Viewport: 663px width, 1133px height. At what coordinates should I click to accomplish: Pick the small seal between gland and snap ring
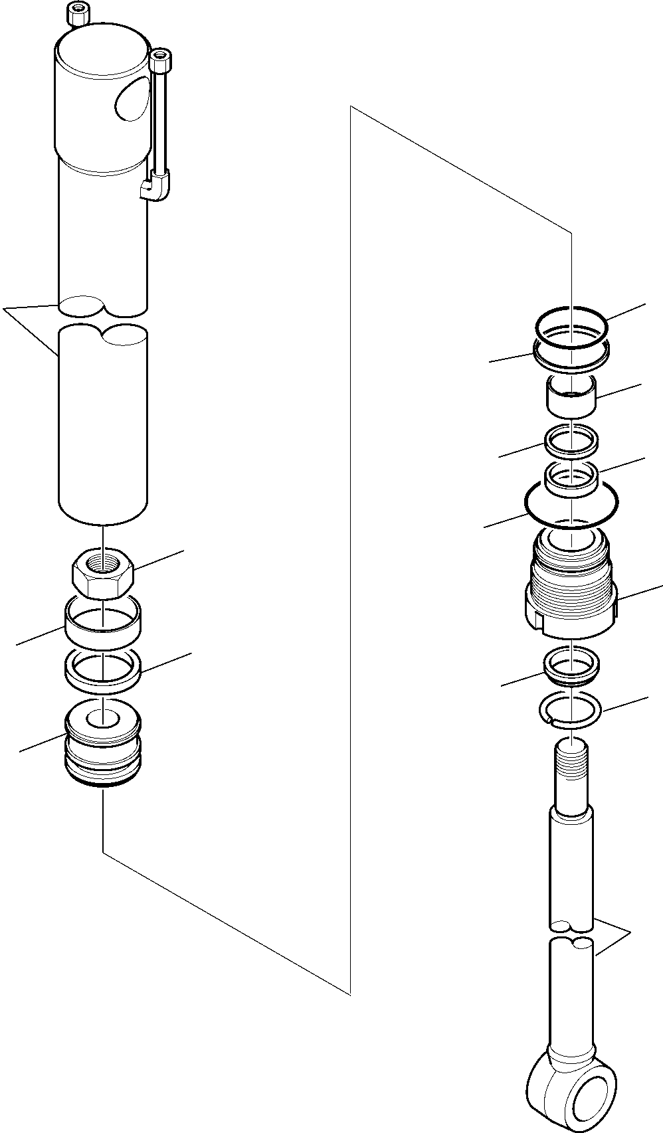pyautogui.click(x=571, y=666)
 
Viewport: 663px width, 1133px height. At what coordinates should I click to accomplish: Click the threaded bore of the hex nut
pyautogui.click(x=103, y=563)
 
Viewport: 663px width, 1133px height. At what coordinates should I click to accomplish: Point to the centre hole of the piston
pyautogui.click(x=104, y=718)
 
